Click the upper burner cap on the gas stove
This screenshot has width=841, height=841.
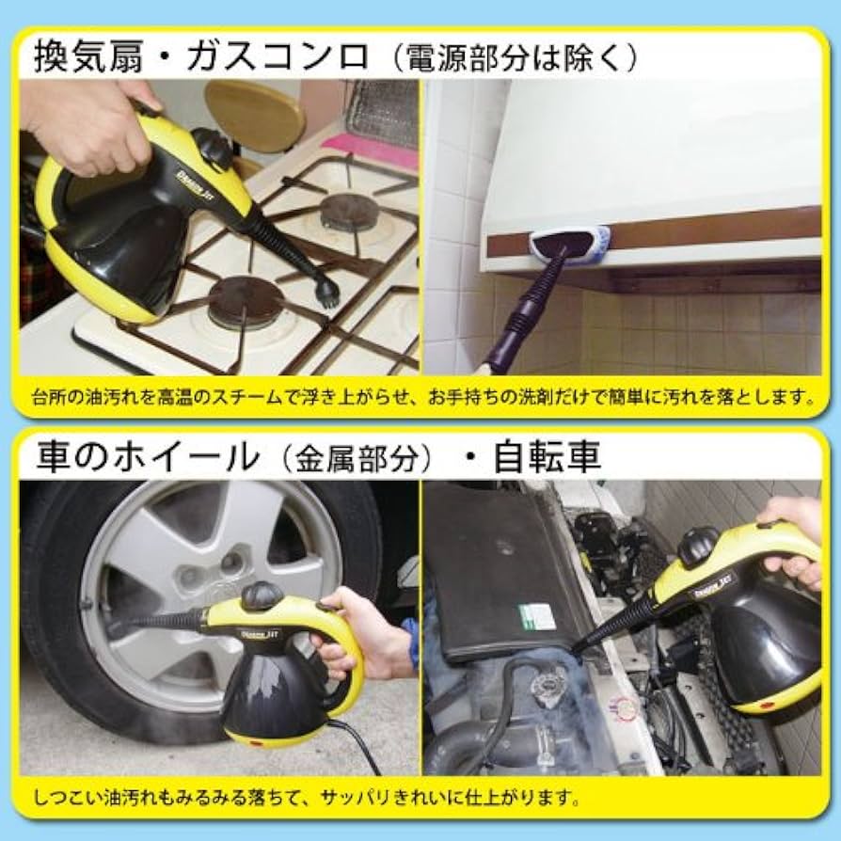(x=349, y=213)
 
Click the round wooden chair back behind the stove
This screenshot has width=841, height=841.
(x=255, y=114)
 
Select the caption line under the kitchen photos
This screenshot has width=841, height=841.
(x=420, y=396)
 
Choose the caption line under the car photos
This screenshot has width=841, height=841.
(x=307, y=798)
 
